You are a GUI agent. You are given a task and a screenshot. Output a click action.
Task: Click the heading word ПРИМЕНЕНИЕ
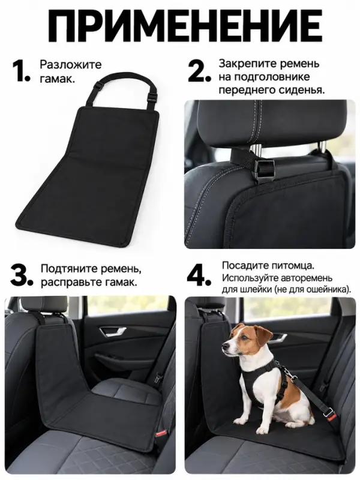179,25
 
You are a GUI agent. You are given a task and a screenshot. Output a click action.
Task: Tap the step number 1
21,71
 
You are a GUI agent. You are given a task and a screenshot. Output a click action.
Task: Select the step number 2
199,71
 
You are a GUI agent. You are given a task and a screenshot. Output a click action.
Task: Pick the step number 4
199,275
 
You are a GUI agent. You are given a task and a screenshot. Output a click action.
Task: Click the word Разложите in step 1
70,65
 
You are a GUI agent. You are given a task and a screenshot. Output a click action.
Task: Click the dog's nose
224,346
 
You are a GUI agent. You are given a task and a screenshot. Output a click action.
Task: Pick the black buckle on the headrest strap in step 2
265,170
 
